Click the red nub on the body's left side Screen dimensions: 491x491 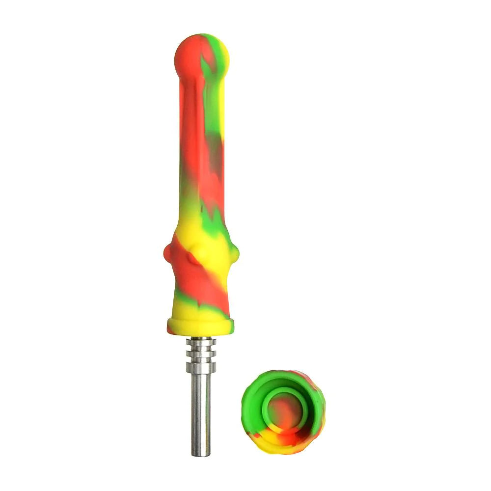167,253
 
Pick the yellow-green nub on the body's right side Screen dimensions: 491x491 235,252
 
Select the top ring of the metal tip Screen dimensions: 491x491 201,342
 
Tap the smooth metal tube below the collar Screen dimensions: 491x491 201,408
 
